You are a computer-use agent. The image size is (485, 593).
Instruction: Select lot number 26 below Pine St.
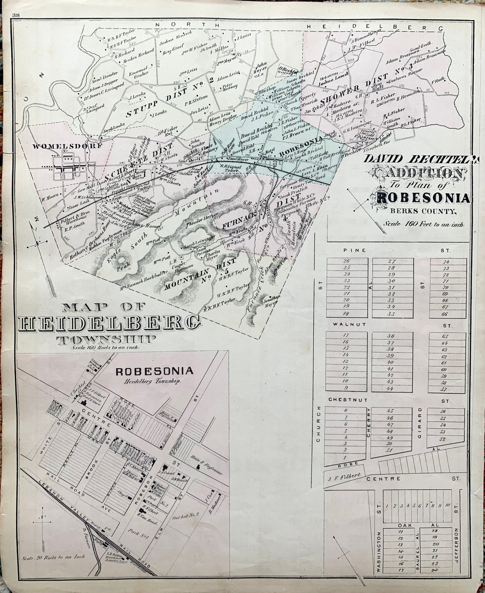346,261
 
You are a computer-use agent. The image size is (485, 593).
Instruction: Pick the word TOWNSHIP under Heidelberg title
105,339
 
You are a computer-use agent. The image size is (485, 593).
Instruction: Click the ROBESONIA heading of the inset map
154,371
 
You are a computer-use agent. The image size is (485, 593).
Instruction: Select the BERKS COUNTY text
418,211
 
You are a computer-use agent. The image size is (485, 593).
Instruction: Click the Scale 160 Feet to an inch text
423,224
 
